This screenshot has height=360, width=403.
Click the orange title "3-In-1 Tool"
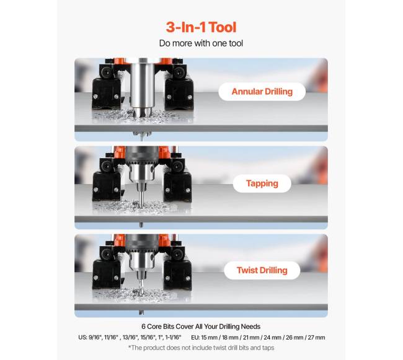[x=201, y=27]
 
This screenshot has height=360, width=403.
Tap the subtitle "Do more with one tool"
[x=201, y=43]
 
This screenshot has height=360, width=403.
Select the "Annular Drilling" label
[x=262, y=92]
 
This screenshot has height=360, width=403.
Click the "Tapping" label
[x=262, y=183]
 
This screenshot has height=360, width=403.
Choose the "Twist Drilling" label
[x=262, y=270]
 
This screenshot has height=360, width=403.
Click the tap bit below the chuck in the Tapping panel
[x=141, y=195]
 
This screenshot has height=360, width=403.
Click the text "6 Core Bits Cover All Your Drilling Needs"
[x=201, y=327]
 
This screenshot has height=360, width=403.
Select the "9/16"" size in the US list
[x=95, y=338]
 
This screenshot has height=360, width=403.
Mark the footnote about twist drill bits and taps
[x=201, y=348]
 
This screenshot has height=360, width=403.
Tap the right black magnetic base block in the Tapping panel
[x=178, y=185]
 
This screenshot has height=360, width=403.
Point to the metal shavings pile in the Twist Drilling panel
[x=141, y=294]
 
